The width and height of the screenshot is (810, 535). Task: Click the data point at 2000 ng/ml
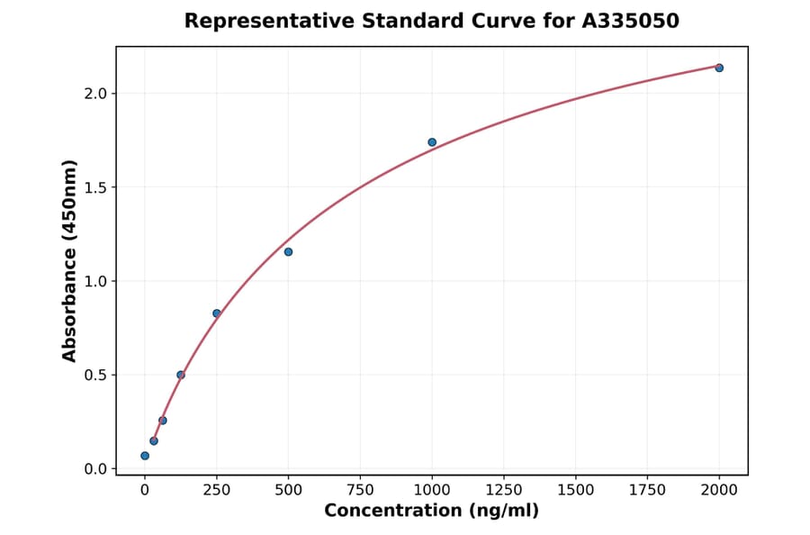pos(719,68)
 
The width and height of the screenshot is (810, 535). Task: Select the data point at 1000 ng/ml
pos(432,142)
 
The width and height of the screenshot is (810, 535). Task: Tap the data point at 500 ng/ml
pos(288,251)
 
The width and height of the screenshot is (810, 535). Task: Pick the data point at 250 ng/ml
pos(217,313)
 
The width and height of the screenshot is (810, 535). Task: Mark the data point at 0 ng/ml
pos(145,456)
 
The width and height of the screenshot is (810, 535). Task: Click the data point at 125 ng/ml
pos(181,375)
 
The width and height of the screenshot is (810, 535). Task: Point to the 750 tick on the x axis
pos(360,490)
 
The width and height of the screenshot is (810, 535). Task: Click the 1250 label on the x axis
pos(504,490)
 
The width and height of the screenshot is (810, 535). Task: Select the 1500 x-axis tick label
pos(576,490)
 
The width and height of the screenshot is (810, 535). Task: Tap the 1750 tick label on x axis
pos(647,490)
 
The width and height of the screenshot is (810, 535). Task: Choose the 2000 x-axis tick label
pos(719,490)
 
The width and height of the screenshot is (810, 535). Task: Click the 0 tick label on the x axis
pos(145,490)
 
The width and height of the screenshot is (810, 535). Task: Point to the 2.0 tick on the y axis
pos(96,94)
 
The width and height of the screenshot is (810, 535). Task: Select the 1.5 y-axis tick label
pos(96,187)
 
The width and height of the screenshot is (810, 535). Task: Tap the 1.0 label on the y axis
pos(96,281)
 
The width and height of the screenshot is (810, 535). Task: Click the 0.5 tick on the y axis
pos(96,375)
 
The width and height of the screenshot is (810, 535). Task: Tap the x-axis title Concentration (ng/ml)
pos(431,512)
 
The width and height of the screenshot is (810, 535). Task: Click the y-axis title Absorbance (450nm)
pos(70,260)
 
